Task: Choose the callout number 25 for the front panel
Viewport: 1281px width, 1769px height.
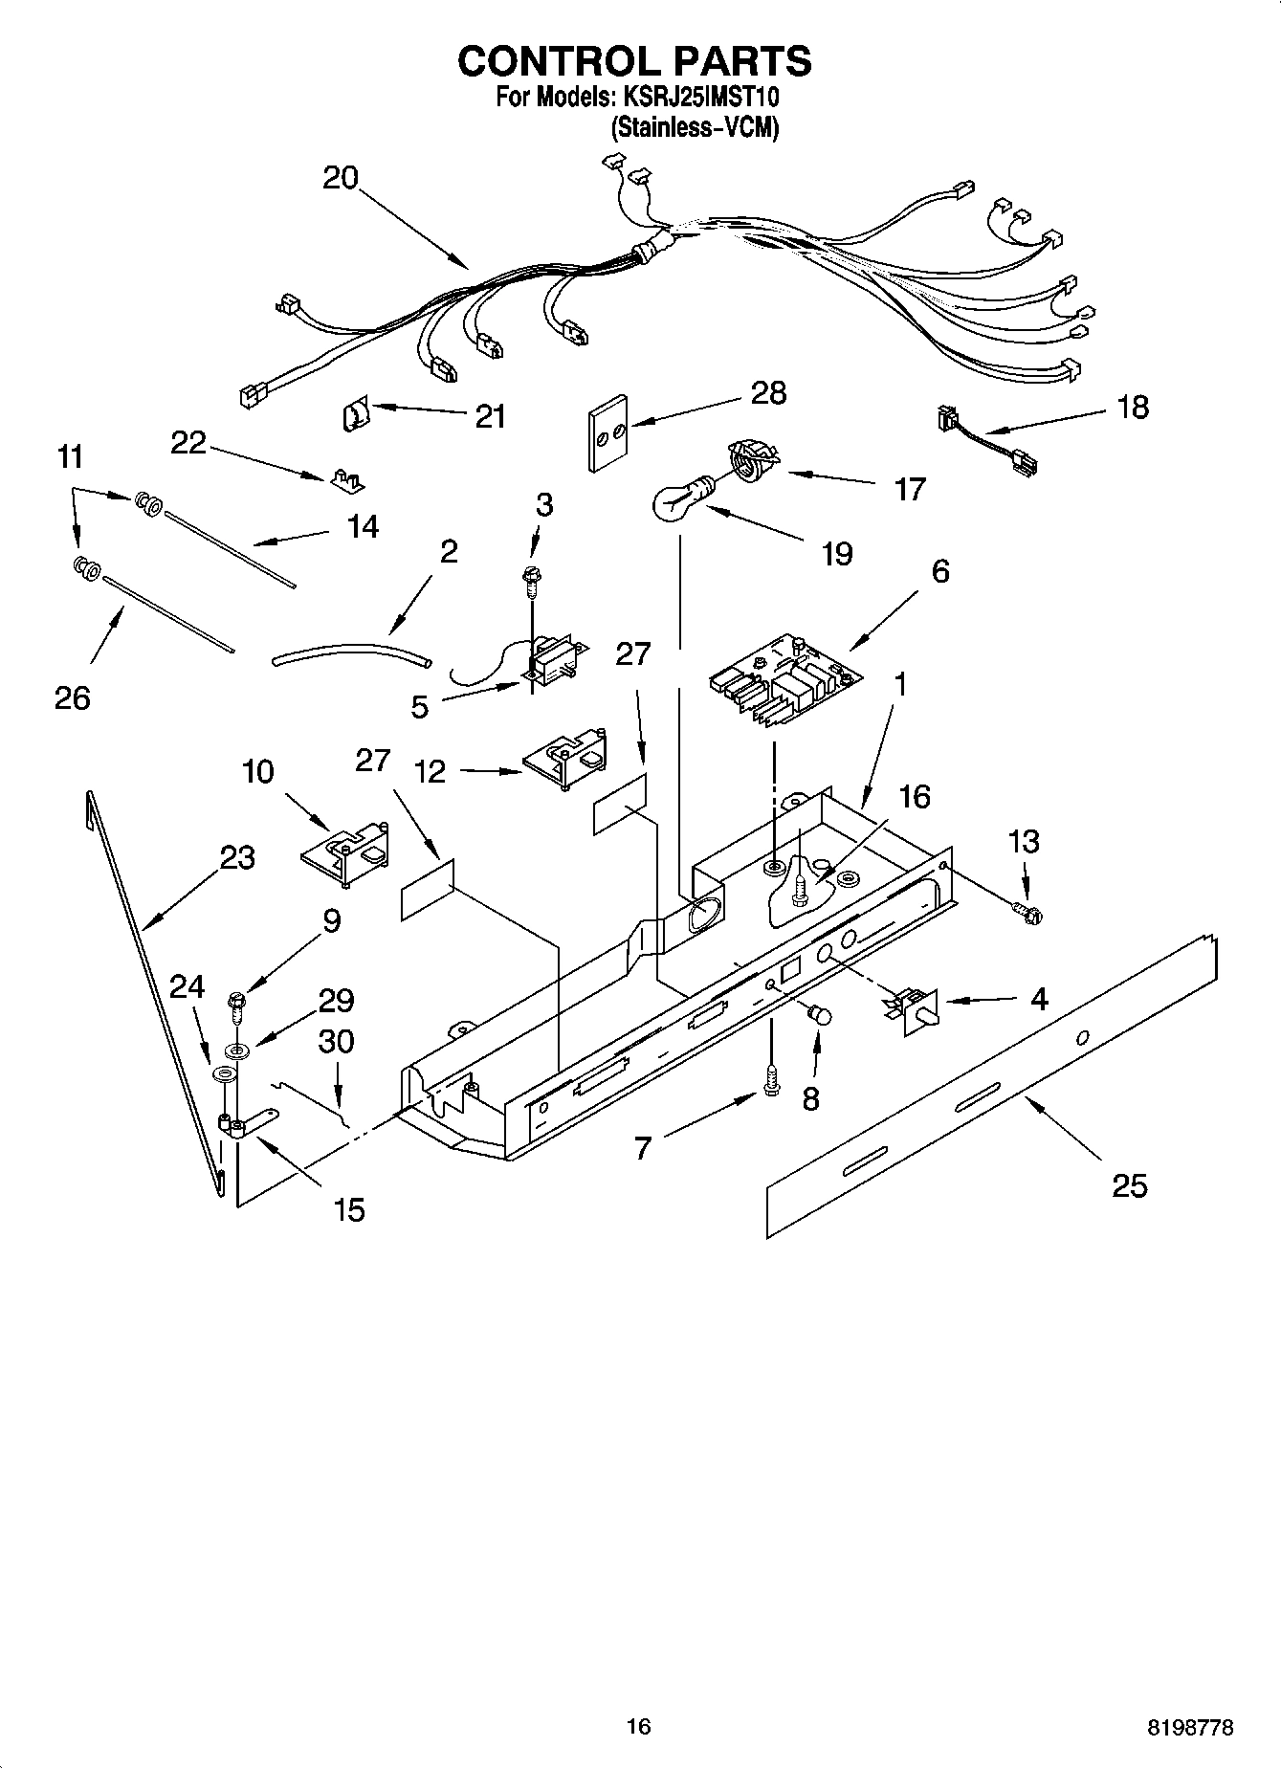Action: tap(1129, 1185)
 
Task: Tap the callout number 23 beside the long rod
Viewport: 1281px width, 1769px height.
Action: tap(237, 856)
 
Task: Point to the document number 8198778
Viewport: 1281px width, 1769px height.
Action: tap(1190, 1727)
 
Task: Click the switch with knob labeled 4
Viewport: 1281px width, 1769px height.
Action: tap(915, 1007)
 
